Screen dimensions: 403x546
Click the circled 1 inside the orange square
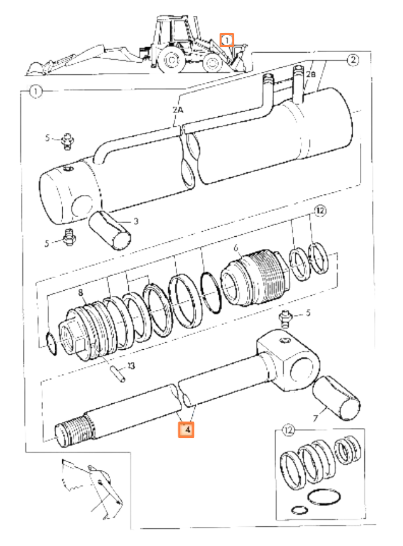coord(227,41)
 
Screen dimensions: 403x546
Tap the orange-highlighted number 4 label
coord(186,429)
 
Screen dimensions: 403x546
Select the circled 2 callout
coord(353,60)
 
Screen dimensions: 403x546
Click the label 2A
coord(178,110)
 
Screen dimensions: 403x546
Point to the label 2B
coord(310,74)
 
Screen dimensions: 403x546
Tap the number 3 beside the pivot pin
coord(136,221)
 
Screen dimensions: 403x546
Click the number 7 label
coord(315,418)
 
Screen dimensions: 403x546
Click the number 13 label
coord(131,366)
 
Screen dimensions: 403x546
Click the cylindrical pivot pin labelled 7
coord(336,398)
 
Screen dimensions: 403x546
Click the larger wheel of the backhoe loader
coord(171,59)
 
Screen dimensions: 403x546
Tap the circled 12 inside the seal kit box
coord(288,430)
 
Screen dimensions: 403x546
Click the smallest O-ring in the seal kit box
coord(300,510)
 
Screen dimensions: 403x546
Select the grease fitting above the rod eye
coord(285,319)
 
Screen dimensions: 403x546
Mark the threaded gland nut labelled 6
coord(254,277)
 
